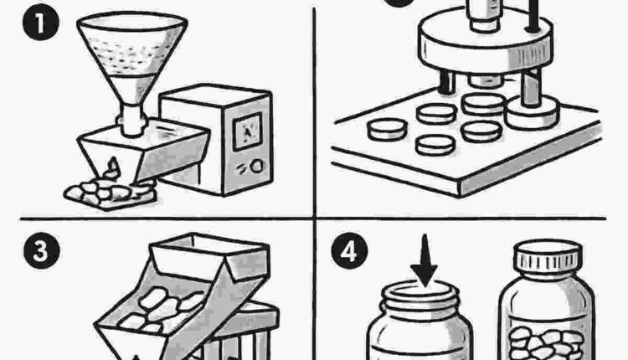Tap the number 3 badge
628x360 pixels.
tap(41, 250)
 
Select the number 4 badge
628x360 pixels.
tap(349, 251)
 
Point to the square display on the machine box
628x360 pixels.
tap(248, 131)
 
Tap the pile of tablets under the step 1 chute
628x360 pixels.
tap(111, 193)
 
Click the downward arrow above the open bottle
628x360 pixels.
tap(425, 260)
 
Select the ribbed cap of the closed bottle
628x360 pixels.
tap(548, 257)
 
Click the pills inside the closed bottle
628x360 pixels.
tap(546, 343)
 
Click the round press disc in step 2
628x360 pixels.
tap(486, 45)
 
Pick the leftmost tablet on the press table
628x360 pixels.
tap(387, 129)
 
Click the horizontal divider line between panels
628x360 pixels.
tap(313, 219)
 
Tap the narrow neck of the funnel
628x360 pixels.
tap(132, 120)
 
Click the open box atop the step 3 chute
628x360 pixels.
tap(208, 255)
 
